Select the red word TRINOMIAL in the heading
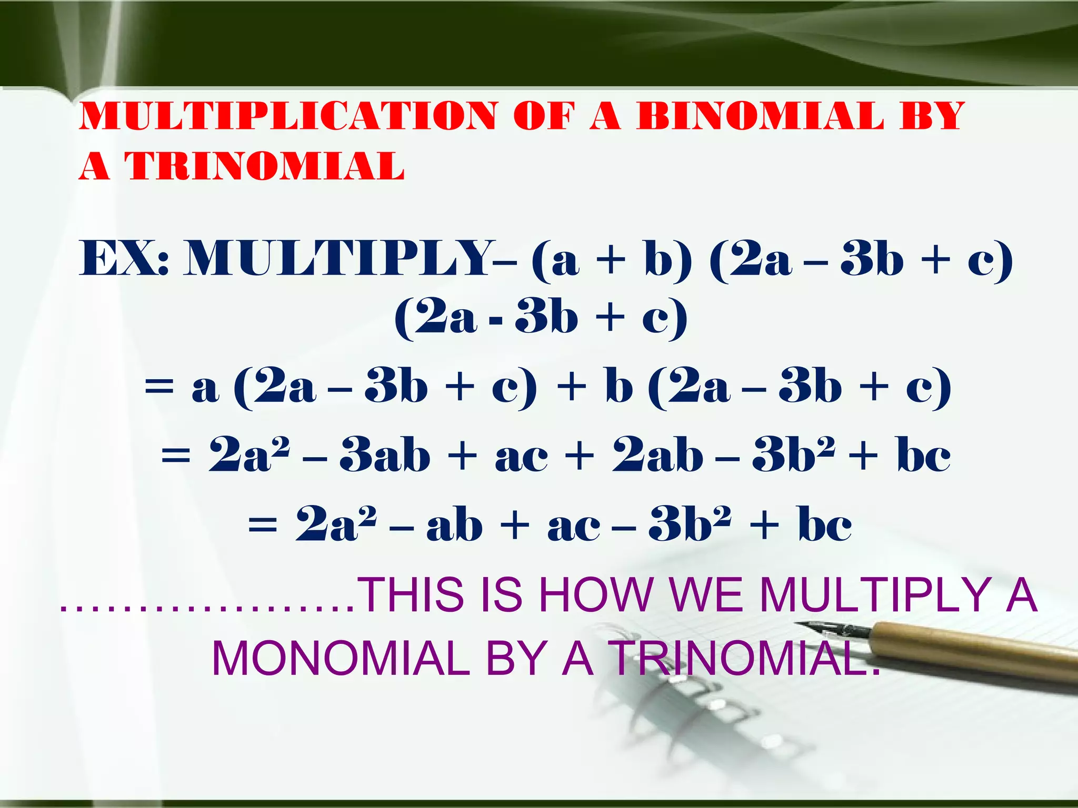pos(265,166)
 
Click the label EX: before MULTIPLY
pos(125,259)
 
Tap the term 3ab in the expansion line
pos(385,456)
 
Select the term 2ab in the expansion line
pos(657,456)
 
